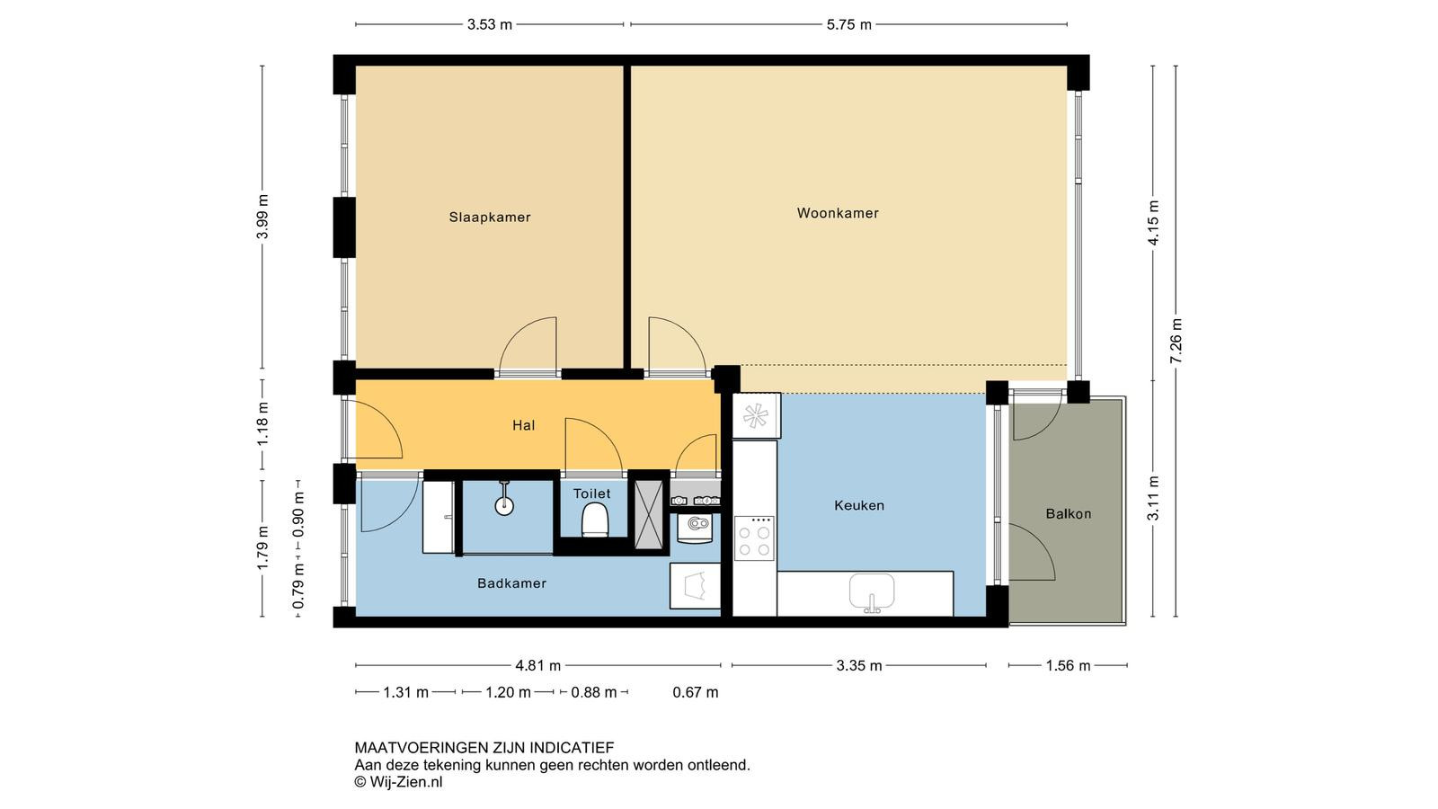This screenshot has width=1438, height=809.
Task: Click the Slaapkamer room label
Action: click(x=490, y=217)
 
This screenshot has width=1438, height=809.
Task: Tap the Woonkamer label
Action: click(x=838, y=212)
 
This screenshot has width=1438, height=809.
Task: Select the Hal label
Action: click(x=523, y=425)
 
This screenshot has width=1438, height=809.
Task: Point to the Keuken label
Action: click(x=859, y=505)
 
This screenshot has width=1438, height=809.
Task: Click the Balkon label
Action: click(x=1069, y=513)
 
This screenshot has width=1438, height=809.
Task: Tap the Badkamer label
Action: click(x=511, y=583)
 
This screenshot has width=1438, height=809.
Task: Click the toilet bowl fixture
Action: click(x=594, y=520)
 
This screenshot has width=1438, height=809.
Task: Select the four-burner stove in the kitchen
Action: click(x=754, y=538)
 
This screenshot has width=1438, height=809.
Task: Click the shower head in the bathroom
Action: click(x=504, y=499)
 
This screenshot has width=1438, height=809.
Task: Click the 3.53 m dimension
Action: click(x=489, y=25)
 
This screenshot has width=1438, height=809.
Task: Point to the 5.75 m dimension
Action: click(x=848, y=25)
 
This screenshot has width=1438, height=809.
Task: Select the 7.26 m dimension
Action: click(x=1176, y=341)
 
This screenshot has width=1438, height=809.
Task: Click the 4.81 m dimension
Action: click(x=538, y=666)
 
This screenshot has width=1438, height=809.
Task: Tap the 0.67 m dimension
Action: click(x=696, y=692)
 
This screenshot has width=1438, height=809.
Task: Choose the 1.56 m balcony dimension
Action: click(x=1069, y=666)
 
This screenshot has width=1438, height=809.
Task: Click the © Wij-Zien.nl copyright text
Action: click(x=399, y=782)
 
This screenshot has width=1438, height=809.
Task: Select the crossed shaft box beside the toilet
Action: click(x=648, y=514)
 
